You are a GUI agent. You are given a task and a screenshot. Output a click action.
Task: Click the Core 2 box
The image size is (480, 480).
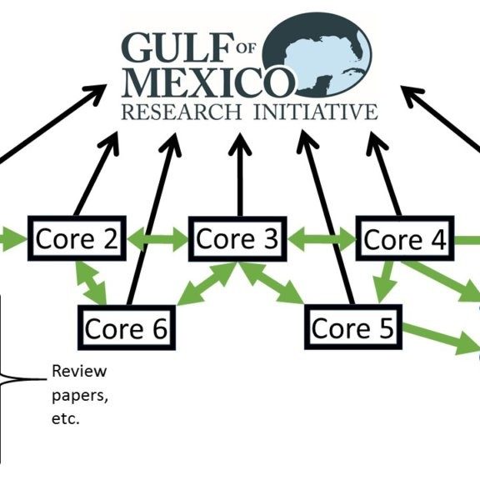(x=76, y=239)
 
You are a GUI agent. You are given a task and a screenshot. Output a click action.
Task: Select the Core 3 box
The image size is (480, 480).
(x=237, y=239)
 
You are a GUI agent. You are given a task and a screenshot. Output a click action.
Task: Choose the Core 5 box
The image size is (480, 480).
(x=352, y=327)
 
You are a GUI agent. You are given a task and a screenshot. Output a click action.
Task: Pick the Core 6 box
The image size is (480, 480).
(x=125, y=327)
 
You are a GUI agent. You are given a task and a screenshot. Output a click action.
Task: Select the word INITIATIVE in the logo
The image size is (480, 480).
(x=313, y=112)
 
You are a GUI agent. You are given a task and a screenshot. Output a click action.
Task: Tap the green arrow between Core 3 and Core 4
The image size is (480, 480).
(x=321, y=240)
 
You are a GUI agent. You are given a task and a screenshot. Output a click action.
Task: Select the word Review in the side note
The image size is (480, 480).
(x=79, y=371)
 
